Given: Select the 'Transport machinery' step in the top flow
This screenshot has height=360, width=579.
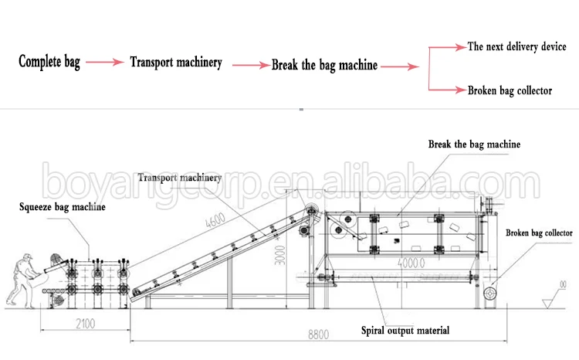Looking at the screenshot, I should (x=176, y=63).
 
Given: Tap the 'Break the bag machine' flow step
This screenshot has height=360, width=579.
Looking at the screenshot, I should (x=324, y=65).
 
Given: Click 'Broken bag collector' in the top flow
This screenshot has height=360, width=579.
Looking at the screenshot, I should (x=510, y=90).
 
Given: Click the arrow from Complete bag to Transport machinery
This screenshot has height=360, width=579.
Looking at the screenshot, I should (x=104, y=62).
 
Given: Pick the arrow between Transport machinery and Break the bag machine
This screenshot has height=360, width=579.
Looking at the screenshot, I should (x=247, y=64).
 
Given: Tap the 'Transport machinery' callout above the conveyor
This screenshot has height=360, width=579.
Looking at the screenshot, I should (x=174, y=177).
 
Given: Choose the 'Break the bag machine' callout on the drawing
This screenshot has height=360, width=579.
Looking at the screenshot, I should (x=474, y=144).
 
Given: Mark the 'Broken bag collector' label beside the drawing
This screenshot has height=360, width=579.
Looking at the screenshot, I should (x=539, y=233).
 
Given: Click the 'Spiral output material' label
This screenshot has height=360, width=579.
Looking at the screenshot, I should (x=405, y=331).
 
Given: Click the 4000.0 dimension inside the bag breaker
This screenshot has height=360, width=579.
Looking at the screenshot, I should (x=412, y=262).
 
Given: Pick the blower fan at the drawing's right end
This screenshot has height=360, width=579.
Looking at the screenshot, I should (x=489, y=294).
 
